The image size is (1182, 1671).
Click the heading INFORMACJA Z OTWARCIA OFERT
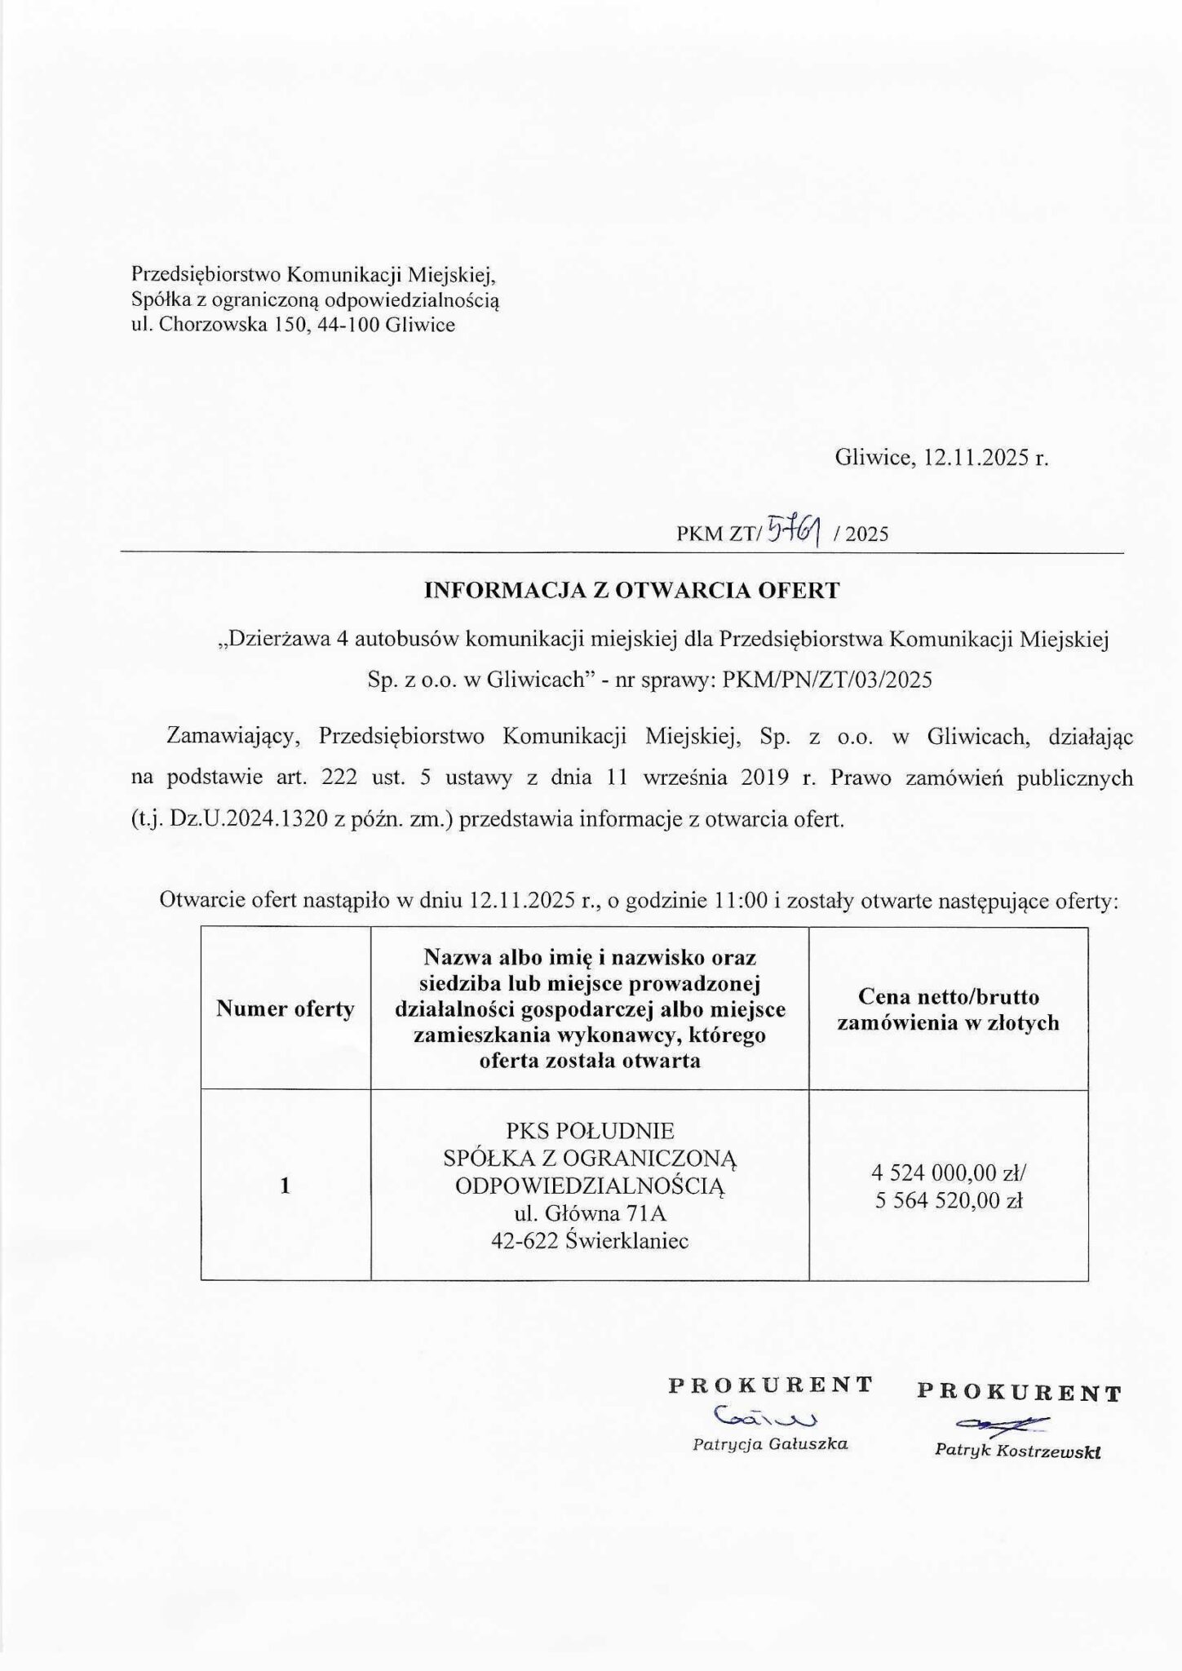[x=631, y=591]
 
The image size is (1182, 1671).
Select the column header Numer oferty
[x=285, y=1009]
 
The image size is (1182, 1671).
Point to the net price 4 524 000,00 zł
[x=949, y=1174]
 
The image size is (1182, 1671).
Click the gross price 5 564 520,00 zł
[x=949, y=1200]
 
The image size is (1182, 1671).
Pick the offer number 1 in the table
[x=285, y=1186]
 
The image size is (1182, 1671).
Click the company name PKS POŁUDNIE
[x=590, y=1131]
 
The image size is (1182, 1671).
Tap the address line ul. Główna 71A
[x=590, y=1212]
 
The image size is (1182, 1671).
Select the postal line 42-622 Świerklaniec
[x=590, y=1241]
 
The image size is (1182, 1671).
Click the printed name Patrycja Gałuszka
[x=770, y=1444]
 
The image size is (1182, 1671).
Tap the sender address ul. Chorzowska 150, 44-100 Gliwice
[x=293, y=326]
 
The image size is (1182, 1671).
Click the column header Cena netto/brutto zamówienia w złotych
[x=948, y=1009]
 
